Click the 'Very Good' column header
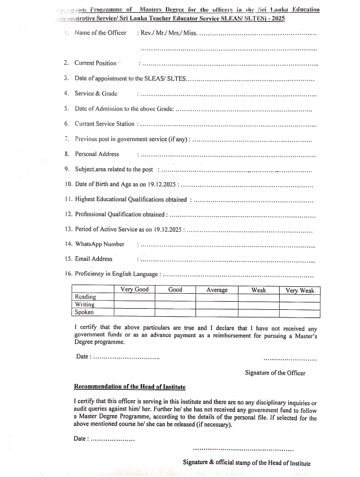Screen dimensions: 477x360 tap(134, 290)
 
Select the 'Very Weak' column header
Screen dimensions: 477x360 tap(300, 290)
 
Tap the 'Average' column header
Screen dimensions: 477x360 tap(217, 290)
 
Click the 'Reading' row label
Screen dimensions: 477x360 tap(86, 297)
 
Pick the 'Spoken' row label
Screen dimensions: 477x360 tap(85, 312)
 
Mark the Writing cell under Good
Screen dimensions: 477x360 tap(175, 305)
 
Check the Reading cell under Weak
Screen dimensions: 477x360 tap(258, 297)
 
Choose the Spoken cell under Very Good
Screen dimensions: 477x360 tap(134, 312)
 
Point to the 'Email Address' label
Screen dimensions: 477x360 tap(94, 259)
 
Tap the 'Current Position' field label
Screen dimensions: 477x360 tap(95, 63)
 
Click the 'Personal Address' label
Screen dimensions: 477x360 tap(97, 154)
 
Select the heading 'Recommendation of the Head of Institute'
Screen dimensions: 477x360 tap(130, 386)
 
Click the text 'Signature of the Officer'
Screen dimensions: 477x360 tap(275, 374)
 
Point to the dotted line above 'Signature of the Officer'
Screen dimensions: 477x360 tap(290, 358)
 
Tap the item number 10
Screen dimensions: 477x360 tap(68, 184)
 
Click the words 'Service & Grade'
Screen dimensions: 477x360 tap(96, 93)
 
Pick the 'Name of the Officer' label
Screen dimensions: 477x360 tap(101, 33)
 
